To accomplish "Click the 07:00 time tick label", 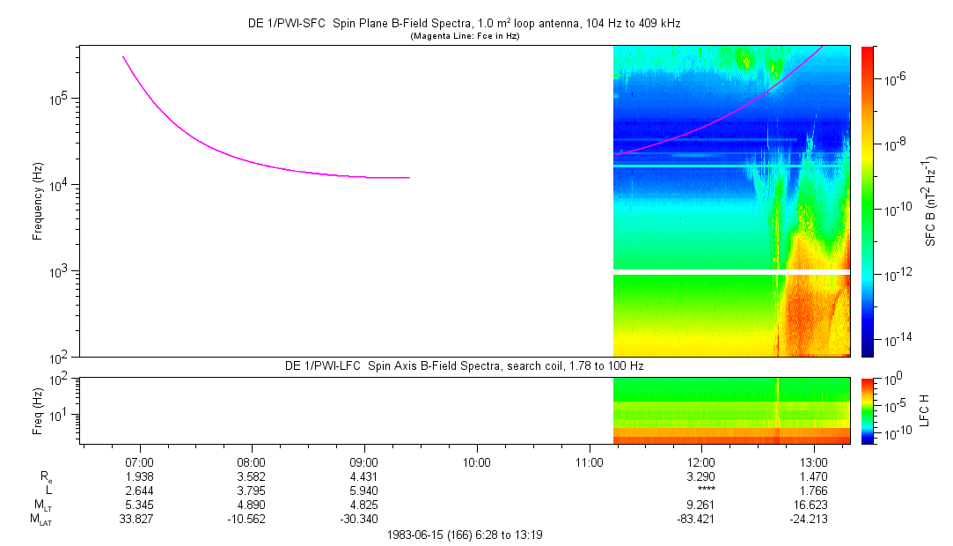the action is coord(139,462).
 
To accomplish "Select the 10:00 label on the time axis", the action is coord(477,462).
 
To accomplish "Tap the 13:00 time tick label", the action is coord(814,462).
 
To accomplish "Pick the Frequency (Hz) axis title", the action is coord(38,202).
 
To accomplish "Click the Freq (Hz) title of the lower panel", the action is coord(38,410).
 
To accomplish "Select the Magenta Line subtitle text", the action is coord(465,36).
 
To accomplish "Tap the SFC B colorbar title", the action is coord(931,201).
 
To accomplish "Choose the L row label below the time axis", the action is coord(48,490).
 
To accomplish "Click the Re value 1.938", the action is coord(139,476).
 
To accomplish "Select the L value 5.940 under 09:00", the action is coord(363,491).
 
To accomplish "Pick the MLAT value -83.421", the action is coord(696,520).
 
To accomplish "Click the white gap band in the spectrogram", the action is coord(731,272).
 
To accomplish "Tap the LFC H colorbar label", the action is coord(925,410).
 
